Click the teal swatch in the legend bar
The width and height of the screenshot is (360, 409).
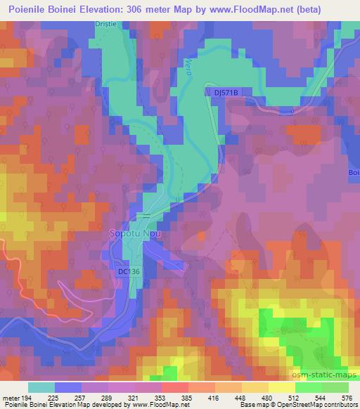[41, 387]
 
